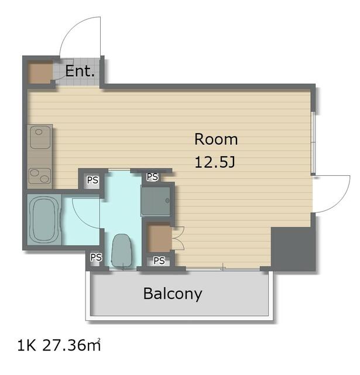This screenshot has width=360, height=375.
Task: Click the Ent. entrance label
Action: coord(80,71)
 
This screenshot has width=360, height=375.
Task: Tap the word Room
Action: coord(216,139)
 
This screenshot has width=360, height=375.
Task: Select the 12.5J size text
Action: coord(215,162)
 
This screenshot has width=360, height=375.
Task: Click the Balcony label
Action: coord(173,294)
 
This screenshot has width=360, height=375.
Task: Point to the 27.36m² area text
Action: coord(71,345)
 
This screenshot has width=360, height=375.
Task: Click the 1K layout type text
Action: coord(26,346)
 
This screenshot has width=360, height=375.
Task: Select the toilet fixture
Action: coord(121,250)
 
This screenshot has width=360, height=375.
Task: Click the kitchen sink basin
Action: coord(40,137)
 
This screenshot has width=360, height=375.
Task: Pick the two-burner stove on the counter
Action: coord(40,176)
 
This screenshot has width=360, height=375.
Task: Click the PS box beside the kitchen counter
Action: coord(92,180)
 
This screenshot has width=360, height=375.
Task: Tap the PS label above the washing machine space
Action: coord(152,177)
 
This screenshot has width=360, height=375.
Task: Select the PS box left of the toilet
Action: coord(96,258)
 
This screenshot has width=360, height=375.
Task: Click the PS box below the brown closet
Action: coord(159,261)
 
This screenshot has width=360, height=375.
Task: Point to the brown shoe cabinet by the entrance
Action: coord(40,71)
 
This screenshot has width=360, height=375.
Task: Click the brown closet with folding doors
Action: coord(159,237)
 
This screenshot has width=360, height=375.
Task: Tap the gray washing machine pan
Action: coord(156,202)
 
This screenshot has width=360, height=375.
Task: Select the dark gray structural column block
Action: coord(293,249)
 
